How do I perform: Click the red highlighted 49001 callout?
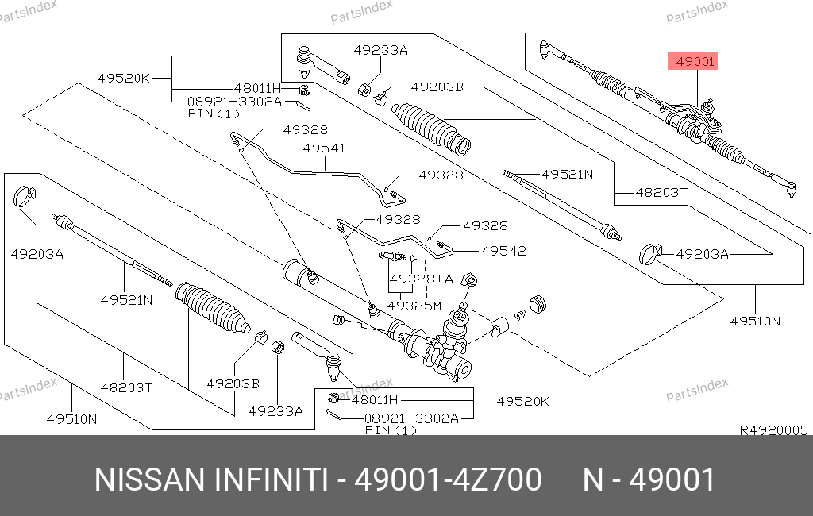click(692, 61)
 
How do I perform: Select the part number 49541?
click(324, 148)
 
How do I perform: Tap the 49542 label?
click(503, 251)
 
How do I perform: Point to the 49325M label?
click(414, 306)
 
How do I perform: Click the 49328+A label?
click(421, 279)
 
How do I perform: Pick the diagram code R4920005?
click(773, 430)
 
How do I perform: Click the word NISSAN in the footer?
click(150, 479)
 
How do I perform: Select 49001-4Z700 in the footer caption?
click(448, 479)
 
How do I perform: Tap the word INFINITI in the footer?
click(271, 479)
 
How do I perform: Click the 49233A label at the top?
click(380, 50)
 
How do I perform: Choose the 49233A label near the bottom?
click(275, 411)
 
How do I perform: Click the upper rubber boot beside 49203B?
click(431, 128)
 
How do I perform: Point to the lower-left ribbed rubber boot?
click(213, 308)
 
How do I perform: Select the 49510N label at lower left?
click(71, 419)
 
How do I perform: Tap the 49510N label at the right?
click(755, 321)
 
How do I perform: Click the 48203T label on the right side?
click(661, 193)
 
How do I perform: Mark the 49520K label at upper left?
click(123, 79)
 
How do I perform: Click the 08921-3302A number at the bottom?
click(411, 418)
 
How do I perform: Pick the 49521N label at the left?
click(126, 300)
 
